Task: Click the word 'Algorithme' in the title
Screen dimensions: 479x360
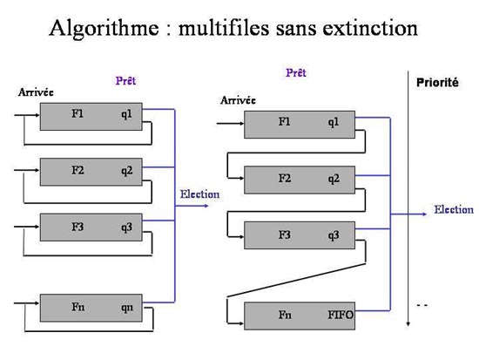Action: (x=104, y=29)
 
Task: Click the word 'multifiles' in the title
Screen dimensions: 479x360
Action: (x=224, y=28)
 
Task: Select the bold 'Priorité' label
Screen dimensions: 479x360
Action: (x=437, y=83)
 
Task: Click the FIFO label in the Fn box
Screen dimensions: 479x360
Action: (x=341, y=315)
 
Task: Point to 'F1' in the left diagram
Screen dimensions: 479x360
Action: (x=78, y=114)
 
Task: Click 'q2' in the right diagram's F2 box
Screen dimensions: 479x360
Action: (x=334, y=179)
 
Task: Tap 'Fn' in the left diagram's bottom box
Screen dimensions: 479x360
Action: (x=78, y=307)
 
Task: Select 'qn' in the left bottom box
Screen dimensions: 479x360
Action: (x=127, y=308)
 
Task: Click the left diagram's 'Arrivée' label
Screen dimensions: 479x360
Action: (x=36, y=92)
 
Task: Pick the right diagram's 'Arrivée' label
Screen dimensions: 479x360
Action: (x=238, y=100)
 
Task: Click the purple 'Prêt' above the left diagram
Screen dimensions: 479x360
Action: (x=125, y=81)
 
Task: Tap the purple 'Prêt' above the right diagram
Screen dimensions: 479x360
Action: (x=296, y=73)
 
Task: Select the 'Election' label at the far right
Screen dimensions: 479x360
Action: (x=454, y=210)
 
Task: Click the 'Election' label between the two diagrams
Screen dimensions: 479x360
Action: (x=199, y=194)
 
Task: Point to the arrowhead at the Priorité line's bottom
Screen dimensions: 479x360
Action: (x=408, y=324)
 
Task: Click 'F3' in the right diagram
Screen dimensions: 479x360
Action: (x=285, y=234)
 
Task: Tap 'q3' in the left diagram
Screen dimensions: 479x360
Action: (x=127, y=228)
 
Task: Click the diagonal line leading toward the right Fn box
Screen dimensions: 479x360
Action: (x=296, y=280)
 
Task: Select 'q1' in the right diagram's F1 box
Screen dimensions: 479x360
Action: (x=334, y=122)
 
